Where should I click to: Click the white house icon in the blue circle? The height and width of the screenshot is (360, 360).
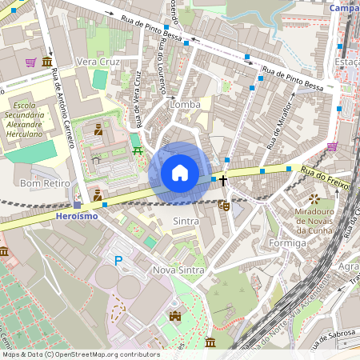tap(180, 173)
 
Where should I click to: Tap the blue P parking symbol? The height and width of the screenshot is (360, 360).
tap(118, 260)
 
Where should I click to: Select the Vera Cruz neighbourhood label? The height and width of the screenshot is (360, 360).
tap(98, 62)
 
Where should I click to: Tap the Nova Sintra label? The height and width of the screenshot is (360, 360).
tap(178, 270)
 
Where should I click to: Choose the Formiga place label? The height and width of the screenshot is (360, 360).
tap(287, 242)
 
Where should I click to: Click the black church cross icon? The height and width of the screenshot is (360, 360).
tap(224, 181)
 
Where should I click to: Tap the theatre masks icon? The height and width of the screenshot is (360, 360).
tap(226, 206)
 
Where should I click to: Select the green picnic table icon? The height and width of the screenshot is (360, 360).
tap(138, 150)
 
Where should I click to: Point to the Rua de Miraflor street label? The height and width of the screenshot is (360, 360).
tap(282, 121)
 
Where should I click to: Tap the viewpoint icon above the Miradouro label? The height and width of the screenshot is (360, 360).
tap(314, 198)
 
